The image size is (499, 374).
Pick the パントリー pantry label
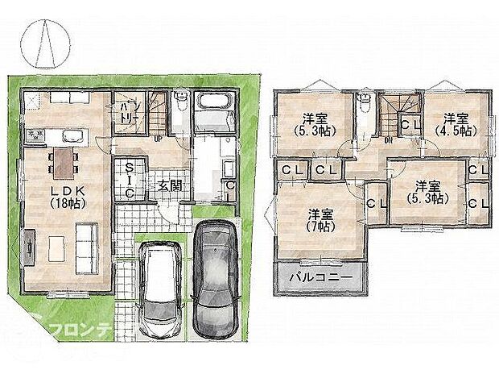(126, 113)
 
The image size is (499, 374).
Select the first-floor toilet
(181, 102)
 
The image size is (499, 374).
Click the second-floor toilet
(365, 103)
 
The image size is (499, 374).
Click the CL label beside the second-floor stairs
(410, 123)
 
